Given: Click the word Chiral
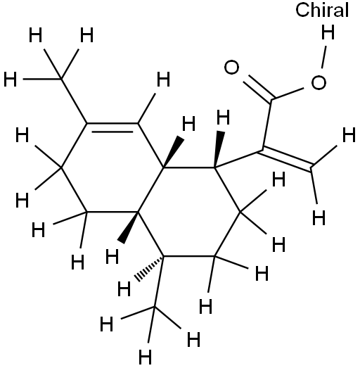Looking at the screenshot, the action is click(322, 11).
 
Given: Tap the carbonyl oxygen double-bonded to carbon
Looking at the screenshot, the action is click(232, 67).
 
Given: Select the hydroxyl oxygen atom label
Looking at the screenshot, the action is click(319, 82).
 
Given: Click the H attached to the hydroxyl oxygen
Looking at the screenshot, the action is click(328, 32).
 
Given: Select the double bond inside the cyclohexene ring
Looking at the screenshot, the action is click(112, 127).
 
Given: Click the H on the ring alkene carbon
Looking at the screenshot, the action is click(163, 80).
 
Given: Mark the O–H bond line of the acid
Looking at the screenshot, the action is click(324, 57).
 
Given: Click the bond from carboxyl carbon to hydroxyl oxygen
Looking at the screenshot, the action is click(288, 94).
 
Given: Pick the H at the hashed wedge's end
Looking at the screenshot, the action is click(124, 289).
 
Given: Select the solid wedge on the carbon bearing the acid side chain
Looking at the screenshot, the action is click(219, 149).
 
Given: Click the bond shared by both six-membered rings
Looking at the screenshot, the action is click(150, 190).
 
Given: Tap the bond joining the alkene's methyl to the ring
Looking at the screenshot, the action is click(74, 101).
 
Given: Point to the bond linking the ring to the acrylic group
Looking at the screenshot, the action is click(238, 159).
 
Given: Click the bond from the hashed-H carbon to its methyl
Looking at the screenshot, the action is click(159, 281).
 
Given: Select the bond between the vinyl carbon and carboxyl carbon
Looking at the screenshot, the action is click(267, 125).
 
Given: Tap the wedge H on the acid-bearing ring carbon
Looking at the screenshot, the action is click(223, 118).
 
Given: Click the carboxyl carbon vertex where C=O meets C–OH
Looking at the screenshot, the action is click(272, 100).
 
